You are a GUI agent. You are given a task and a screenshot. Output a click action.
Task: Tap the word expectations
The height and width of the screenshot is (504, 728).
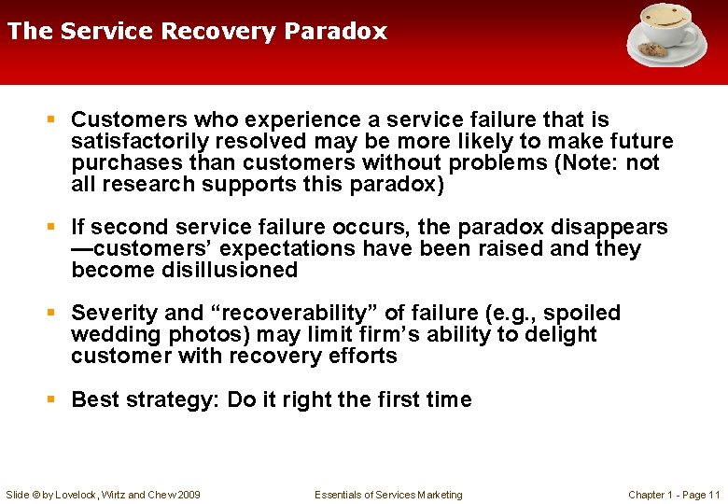287,249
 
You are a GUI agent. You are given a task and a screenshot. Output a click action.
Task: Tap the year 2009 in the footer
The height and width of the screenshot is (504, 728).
187,495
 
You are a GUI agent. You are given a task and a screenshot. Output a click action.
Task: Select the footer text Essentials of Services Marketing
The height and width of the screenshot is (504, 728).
388,495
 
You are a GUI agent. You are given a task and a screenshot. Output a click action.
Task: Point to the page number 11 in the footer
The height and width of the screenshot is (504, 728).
714,495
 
